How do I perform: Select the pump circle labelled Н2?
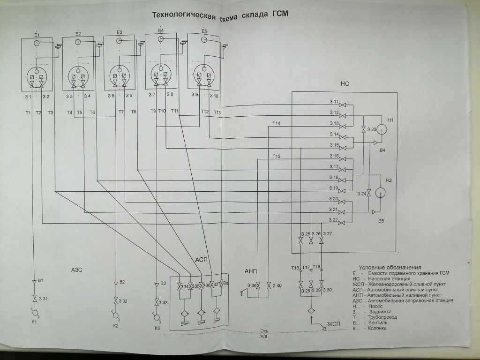tap(380, 193)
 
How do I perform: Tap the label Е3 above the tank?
tap(119, 32)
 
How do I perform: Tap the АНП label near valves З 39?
tap(251, 271)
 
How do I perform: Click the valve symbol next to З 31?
tap(34, 299)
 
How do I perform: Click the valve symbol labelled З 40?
tap(268, 286)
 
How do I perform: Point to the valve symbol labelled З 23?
tap(364, 129)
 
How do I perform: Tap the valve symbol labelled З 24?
tap(369, 193)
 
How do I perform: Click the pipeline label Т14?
tap(276, 123)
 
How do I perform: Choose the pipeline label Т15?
tap(276, 156)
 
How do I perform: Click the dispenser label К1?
tap(34, 322)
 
